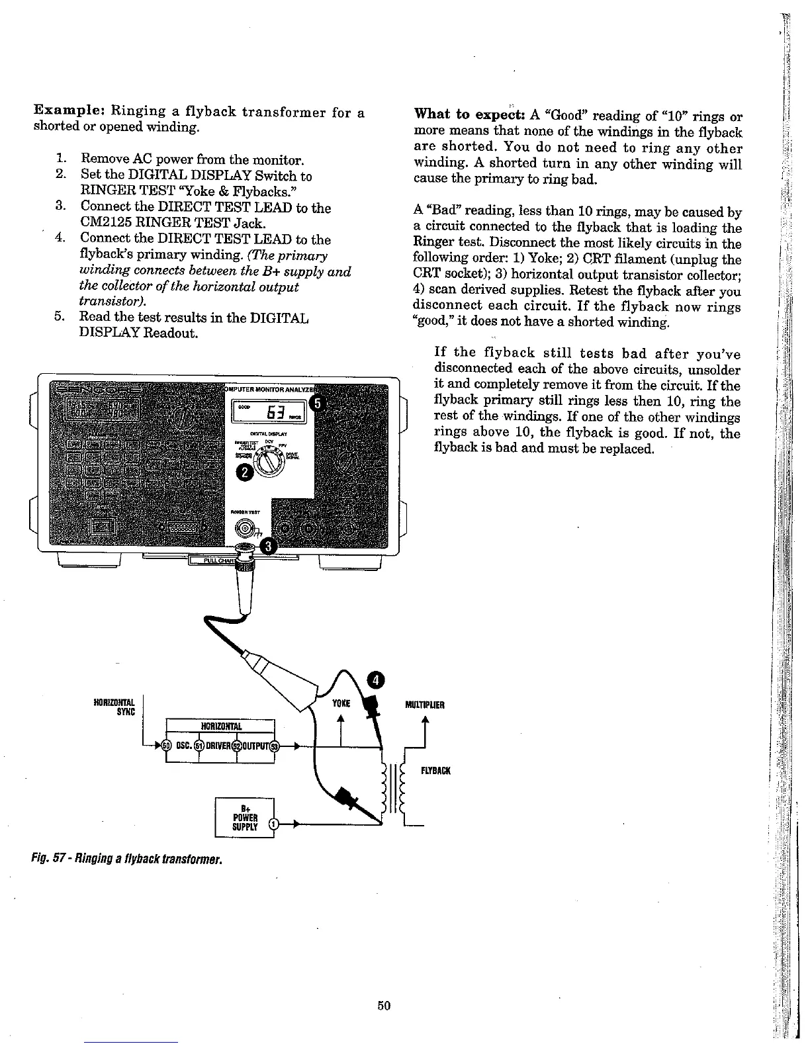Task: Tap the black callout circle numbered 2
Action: tap(245, 472)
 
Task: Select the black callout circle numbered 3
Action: tap(269, 546)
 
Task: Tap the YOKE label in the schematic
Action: tap(340, 704)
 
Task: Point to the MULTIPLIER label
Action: tap(424, 705)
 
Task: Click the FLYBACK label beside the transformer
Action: tap(435, 771)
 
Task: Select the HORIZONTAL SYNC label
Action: tap(116, 707)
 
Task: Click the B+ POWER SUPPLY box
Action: tap(245, 818)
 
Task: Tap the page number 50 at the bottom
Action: tap(384, 1006)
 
